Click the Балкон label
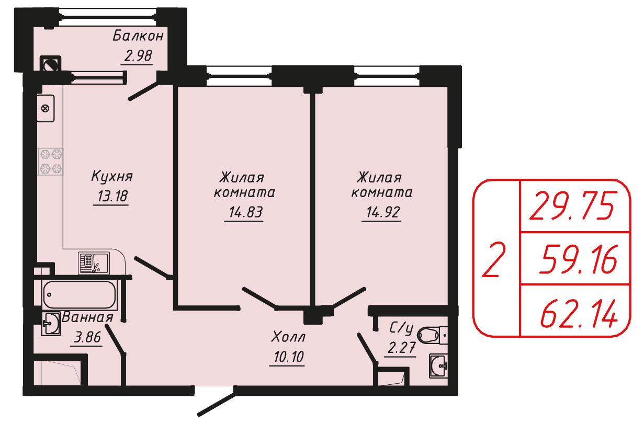coord(138,36)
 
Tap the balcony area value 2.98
coord(138,56)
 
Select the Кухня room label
coord(112,176)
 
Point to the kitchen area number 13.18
coord(112,196)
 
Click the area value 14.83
coord(245,212)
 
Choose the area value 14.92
coord(383,212)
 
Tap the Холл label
coord(288,337)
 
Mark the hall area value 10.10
coord(289,357)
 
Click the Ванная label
coord(87,317)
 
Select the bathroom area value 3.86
coord(87,337)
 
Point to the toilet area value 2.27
coord(401,348)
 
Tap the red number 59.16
coord(578,259)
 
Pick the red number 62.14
coord(579,313)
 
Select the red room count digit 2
coord(493,260)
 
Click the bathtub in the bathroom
coord(80,295)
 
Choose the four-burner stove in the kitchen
coord(51,162)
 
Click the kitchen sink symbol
coord(94,262)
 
